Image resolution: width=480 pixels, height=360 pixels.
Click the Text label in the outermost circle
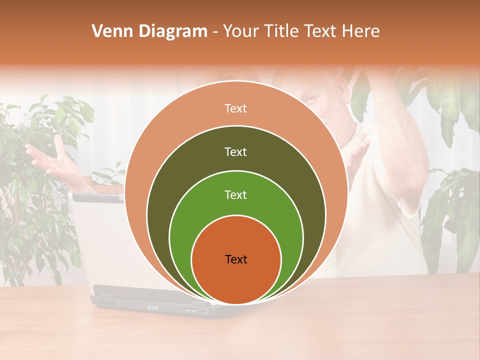235,108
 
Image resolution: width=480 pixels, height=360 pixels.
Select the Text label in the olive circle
235,151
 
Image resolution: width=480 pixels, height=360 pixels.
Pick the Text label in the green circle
235,194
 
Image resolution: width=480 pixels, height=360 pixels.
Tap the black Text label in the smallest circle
236,259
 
